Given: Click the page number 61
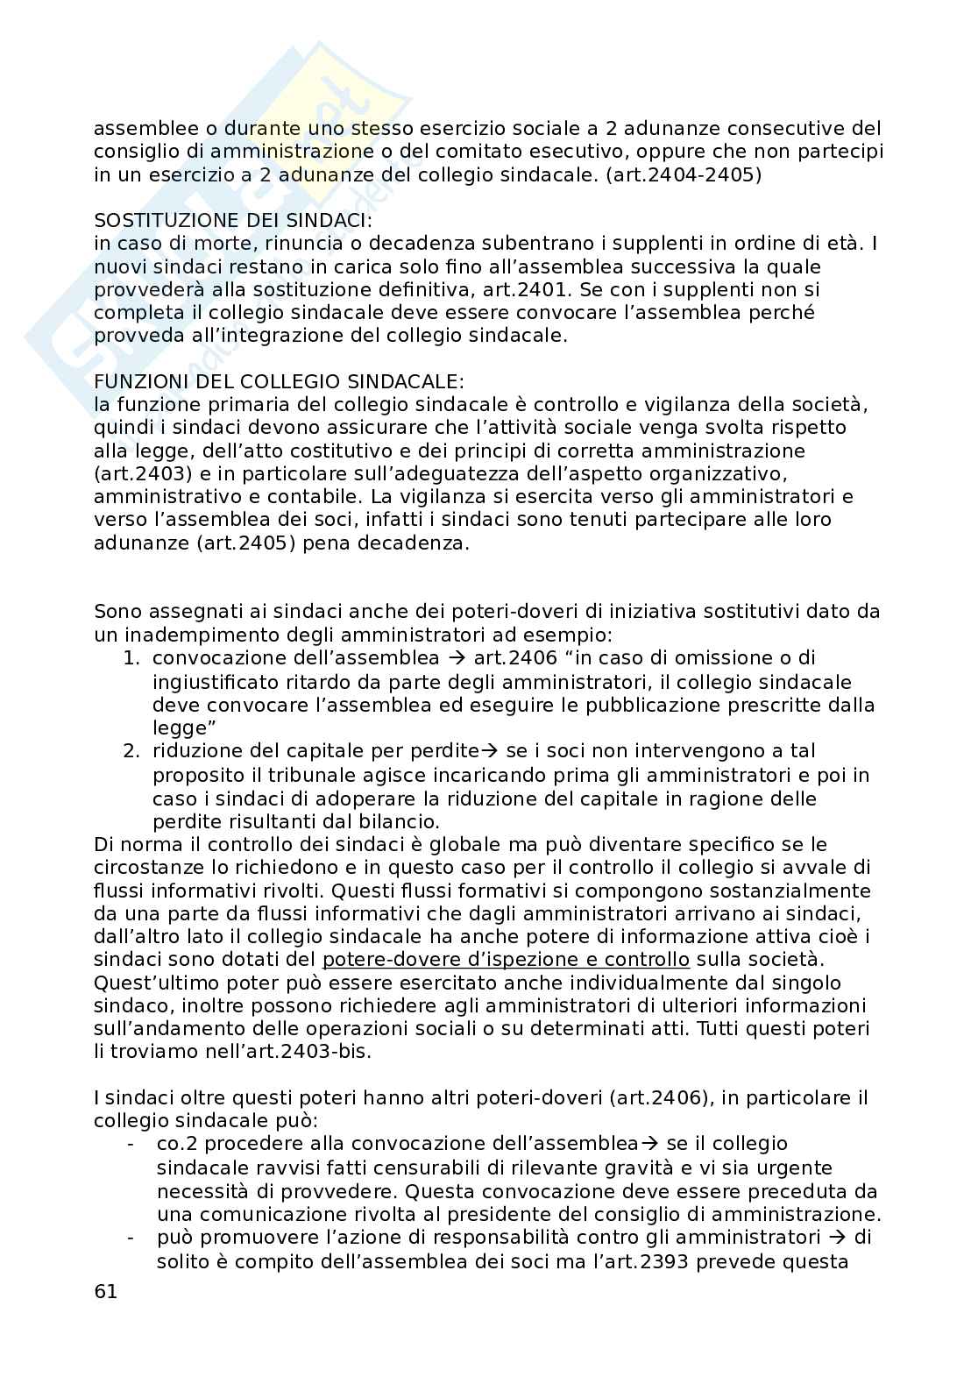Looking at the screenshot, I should [x=104, y=1293].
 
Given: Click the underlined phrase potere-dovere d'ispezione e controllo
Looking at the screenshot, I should [x=506, y=960].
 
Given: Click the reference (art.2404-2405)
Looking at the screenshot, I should [x=683, y=174].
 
